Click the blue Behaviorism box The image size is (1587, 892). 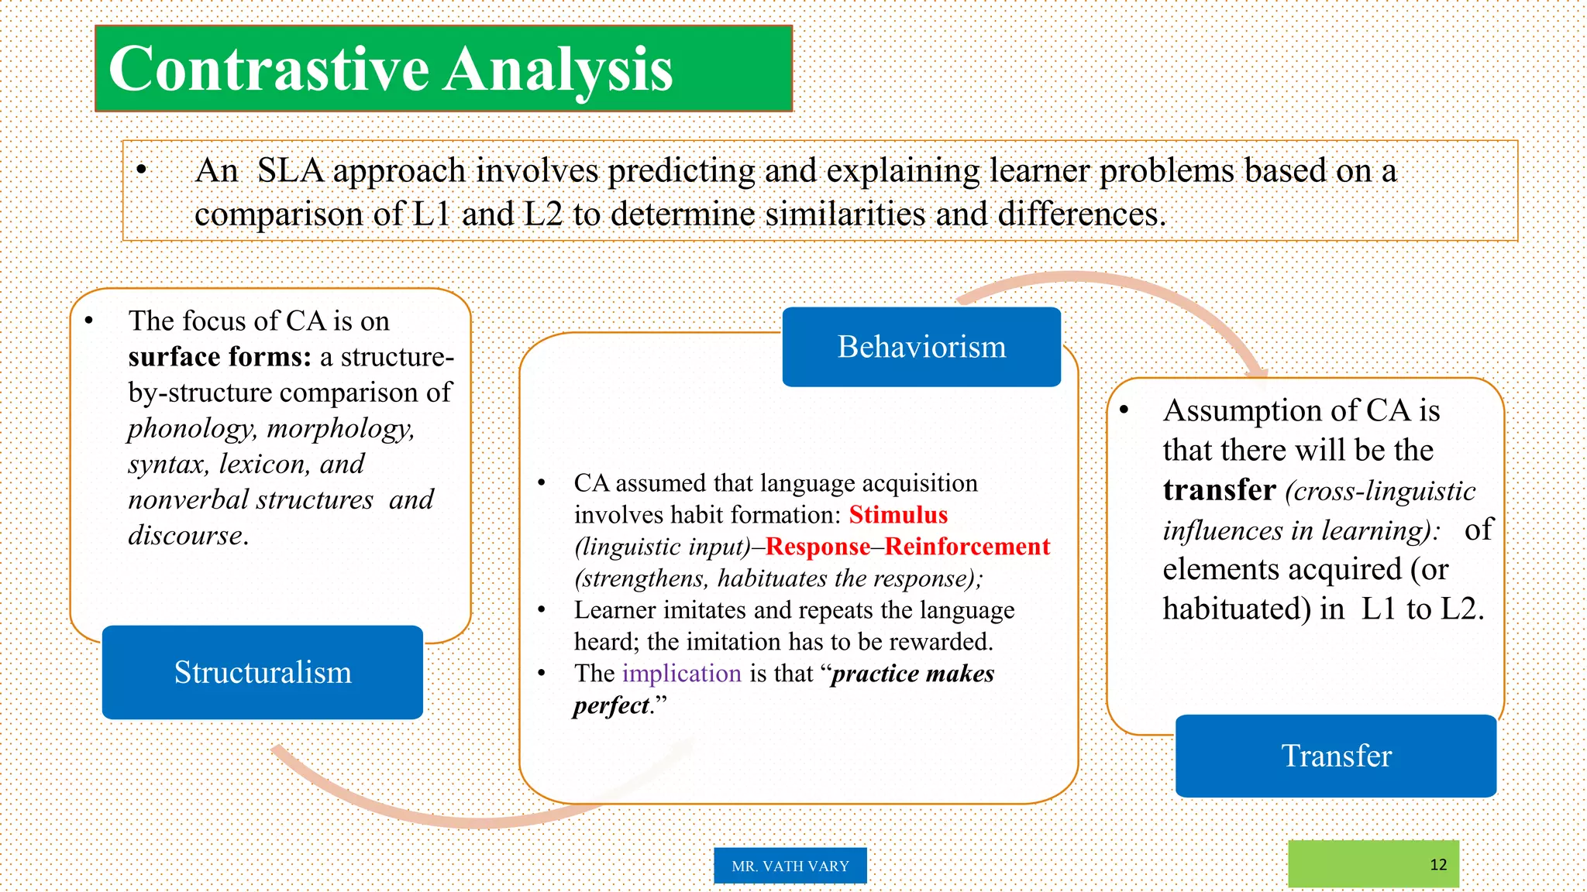pos(921,347)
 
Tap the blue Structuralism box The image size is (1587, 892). pos(263,672)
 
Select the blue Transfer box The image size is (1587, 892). pos(1336,756)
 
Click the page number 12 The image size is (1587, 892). pos(1438,865)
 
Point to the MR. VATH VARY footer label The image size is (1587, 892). pos(790,866)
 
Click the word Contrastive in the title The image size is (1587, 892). pos(268,70)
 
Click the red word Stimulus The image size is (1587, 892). pos(898,515)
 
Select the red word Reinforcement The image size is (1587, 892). pos(967,547)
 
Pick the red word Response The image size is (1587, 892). pos(818,547)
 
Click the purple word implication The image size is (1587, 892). pos(681,674)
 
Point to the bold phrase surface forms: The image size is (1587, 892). pos(219,357)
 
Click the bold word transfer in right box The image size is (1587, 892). pos(1219,490)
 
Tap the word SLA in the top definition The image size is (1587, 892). pos(290,170)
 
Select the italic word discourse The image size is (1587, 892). pos(186,535)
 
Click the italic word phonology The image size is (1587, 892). pos(190,428)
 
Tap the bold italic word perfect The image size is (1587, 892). pos(611,705)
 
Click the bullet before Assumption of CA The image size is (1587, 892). pos(1124,410)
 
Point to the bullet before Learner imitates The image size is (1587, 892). pos(542,610)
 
